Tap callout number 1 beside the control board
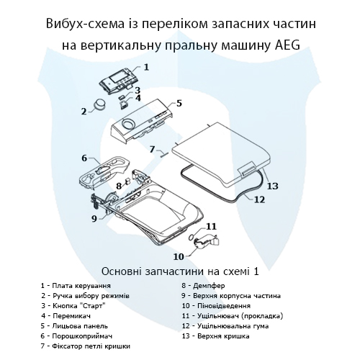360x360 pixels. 146,67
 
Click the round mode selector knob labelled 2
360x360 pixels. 98,106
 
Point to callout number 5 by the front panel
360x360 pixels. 179,103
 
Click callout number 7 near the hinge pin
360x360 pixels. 152,149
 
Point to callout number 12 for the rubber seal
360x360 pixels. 259,199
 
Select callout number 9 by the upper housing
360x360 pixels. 94,218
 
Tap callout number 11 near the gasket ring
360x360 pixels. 211,227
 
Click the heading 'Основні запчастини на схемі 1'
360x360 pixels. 180,272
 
